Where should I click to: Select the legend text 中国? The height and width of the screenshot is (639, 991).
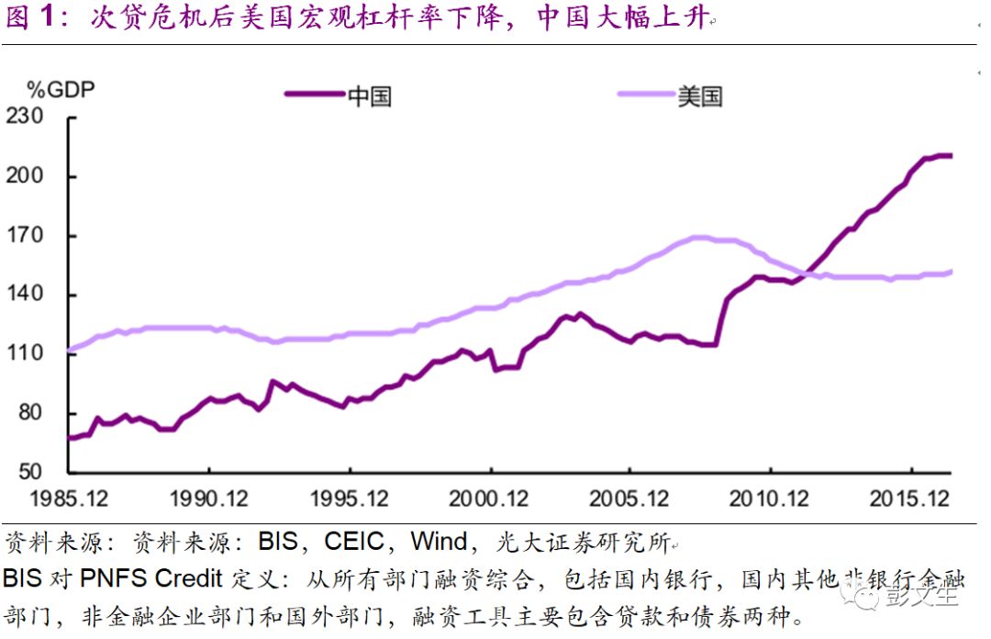370,95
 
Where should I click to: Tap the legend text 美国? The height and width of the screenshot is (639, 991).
700,95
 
